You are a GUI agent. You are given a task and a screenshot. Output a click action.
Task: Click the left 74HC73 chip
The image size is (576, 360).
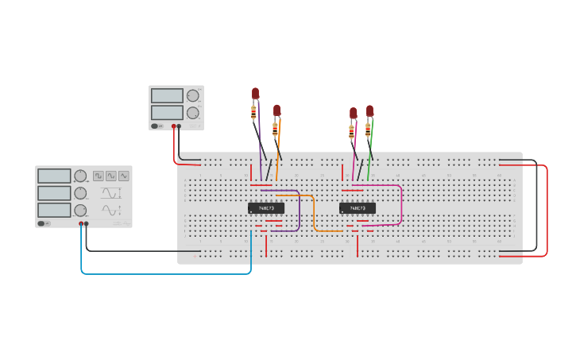(265, 208)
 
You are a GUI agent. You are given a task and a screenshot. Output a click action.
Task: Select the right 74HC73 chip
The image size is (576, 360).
(357, 208)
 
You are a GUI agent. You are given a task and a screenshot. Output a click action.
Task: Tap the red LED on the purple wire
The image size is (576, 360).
(255, 93)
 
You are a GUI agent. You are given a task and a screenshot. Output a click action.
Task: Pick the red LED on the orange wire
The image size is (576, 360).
(276, 110)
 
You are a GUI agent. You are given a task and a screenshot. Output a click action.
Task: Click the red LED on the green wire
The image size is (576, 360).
(369, 110)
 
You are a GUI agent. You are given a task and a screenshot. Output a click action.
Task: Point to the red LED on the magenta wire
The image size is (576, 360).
(353, 113)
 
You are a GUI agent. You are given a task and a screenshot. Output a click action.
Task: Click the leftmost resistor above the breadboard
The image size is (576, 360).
(253, 112)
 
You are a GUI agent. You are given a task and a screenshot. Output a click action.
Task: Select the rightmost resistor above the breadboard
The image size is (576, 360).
(368, 130)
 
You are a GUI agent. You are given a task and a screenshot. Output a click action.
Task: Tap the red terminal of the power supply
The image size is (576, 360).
(173, 126)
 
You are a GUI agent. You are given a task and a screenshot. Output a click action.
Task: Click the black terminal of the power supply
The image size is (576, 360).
(179, 126)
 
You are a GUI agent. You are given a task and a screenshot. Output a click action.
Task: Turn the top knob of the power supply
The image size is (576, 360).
(192, 96)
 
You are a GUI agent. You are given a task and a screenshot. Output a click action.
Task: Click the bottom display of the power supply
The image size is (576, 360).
(167, 113)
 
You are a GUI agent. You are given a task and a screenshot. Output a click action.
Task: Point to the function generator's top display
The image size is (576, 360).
(54, 176)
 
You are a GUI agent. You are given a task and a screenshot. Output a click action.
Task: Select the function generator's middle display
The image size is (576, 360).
(54, 193)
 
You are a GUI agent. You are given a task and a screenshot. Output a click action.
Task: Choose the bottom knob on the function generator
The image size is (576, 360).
(80, 210)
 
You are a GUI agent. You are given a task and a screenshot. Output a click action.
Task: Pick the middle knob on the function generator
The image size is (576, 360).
(80, 193)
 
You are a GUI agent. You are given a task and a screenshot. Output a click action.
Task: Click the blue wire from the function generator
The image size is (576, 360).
(159, 273)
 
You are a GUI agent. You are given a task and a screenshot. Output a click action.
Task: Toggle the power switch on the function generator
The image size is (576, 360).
(42, 223)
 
